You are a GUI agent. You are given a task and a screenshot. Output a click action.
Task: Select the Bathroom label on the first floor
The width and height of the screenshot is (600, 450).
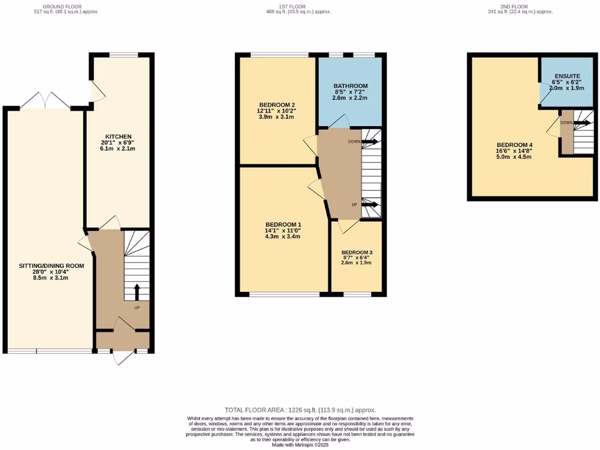click(x=350, y=86)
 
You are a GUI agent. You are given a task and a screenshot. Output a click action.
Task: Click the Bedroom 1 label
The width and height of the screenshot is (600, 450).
click(x=283, y=224)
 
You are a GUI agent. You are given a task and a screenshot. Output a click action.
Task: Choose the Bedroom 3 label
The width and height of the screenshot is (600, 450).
click(x=357, y=252)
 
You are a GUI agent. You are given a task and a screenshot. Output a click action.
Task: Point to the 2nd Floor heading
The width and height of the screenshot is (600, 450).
click(x=520, y=6)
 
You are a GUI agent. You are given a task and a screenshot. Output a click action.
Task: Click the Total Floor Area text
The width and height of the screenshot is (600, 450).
click(x=300, y=410)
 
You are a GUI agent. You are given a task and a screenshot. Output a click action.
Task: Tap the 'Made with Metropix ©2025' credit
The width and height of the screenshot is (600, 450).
click(x=300, y=445)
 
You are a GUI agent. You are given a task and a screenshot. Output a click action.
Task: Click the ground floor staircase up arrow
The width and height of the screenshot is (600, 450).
click(x=137, y=291)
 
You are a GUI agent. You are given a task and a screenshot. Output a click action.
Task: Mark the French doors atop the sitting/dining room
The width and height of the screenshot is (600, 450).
click(x=46, y=100)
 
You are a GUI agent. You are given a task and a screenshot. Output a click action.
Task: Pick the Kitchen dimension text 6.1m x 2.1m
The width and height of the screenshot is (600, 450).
click(x=118, y=149)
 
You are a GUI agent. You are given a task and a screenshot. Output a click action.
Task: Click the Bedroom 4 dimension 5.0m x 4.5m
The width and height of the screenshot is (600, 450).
click(x=514, y=156)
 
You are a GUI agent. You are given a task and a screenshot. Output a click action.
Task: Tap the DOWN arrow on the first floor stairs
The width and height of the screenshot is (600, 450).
click(x=370, y=141)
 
